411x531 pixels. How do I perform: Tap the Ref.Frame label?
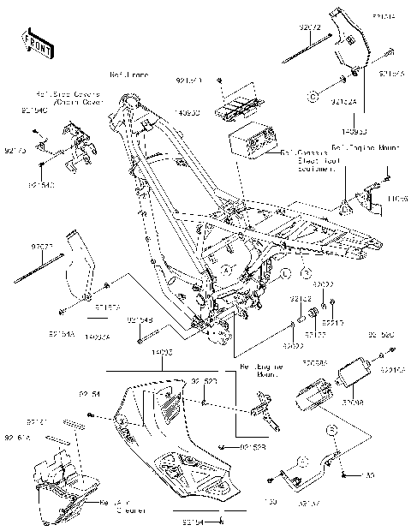pyautogui.click(x=128, y=75)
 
